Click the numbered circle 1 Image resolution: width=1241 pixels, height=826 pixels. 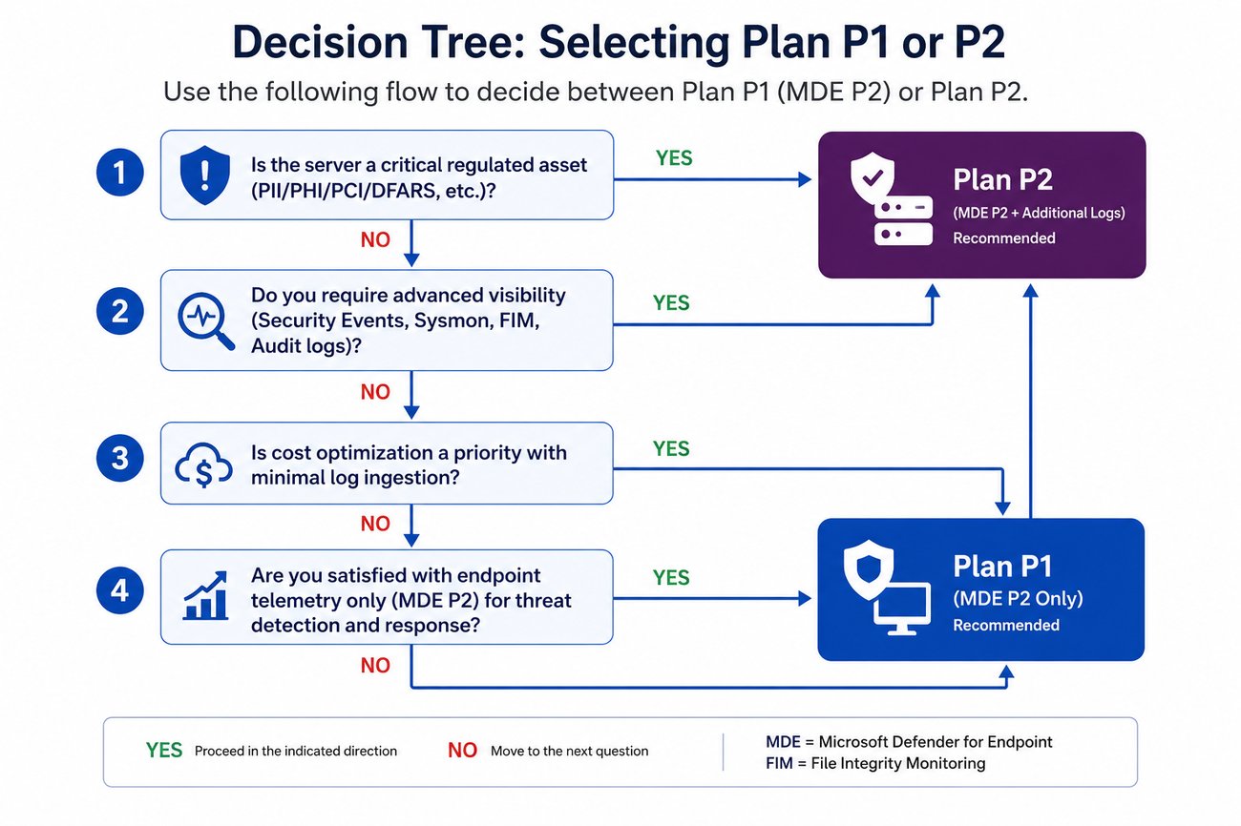tap(119, 173)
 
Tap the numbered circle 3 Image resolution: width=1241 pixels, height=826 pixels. tap(119, 459)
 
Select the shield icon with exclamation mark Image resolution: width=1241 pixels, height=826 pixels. tap(205, 175)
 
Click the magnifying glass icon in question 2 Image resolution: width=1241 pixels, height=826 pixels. tap(205, 320)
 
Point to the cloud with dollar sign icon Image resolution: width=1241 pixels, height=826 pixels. tap(203, 465)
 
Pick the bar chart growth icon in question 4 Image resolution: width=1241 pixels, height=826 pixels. tap(205, 595)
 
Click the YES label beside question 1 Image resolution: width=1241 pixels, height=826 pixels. tap(674, 158)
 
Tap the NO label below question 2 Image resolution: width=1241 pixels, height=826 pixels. tap(375, 392)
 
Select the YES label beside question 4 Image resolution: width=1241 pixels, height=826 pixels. tap(671, 578)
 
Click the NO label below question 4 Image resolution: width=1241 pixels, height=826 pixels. tap(375, 666)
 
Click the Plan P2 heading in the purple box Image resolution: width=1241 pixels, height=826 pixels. tap(1002, 179)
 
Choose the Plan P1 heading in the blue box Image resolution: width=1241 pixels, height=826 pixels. tap(1001, 567)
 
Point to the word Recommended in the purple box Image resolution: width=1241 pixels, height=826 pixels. tap(1004, 238)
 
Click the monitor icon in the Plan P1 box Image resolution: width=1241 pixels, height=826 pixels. tap(902, 609)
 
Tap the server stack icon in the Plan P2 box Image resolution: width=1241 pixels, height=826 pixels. tap(903, 221)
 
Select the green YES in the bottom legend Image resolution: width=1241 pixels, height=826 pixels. tap(164, 751)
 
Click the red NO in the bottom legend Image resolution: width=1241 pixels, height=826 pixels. tap(462, 751)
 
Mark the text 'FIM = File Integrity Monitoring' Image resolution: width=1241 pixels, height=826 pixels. tap(875, 763)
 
